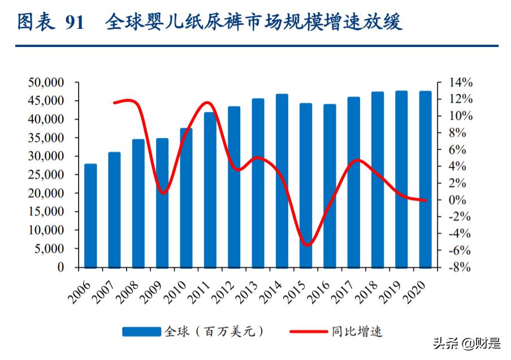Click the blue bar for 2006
tap(90, 215)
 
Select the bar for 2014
tap(282, 181)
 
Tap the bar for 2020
tap(425, 179)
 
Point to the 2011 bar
tap(210, 189)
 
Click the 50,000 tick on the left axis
tap(46, 83)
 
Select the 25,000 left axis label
tap(46, 175)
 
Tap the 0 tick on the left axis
tap(60, 267)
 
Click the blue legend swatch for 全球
tap(141, 332)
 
